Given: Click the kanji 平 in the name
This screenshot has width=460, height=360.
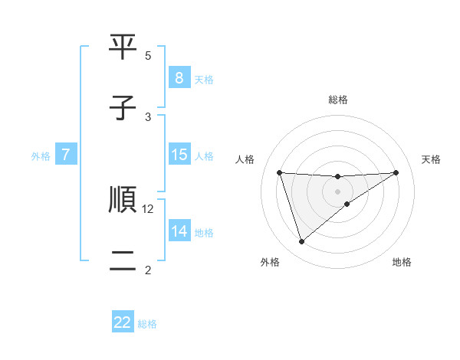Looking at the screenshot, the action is [x=123, y=49].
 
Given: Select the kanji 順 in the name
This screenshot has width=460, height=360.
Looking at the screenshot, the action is [x=123, y=201].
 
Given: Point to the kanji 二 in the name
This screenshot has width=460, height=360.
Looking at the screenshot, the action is [x=123, y=260].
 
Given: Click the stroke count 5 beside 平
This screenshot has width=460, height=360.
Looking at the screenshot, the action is [x=148, y=56].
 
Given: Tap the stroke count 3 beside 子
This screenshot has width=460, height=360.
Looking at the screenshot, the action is [x=148, y=116].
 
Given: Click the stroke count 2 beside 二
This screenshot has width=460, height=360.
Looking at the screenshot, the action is [x=148, y=270].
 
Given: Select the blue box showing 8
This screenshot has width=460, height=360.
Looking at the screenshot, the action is [x=179, y=78].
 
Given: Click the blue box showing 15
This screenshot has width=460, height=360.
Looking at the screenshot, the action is [x=179, y=155].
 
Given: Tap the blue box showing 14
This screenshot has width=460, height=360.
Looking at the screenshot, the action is [x=179, y=231].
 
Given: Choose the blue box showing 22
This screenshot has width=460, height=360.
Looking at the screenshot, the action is [x=123, y=322].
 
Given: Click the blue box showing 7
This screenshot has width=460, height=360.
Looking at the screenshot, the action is [x=66, y=155].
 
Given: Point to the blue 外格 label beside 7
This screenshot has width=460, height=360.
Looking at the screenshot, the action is [x=41, y=155].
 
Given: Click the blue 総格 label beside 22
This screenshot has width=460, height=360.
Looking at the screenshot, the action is [x=147, y=324].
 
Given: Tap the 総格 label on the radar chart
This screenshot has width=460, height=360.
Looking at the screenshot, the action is [x=337, y=100].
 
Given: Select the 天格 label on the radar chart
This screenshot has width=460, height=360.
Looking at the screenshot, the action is [x=431, y=159].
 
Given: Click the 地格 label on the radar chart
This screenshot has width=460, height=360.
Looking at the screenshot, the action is [x=402, y=262].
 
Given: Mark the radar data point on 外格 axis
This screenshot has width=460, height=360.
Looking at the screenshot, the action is [x=301, y=242].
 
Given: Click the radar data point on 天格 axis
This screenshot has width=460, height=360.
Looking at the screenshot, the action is [x=396, y=172].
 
